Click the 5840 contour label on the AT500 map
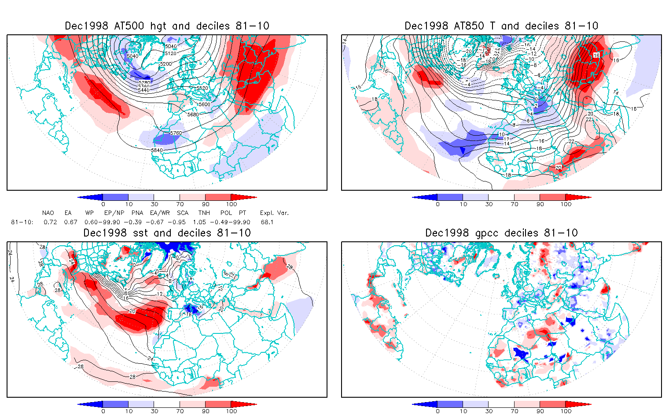pos(157,150)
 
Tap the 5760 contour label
pos(176,133)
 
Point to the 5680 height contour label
pos(193,115)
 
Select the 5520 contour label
pos(202,89)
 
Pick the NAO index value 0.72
pos(50,222)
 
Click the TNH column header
pos(204,213)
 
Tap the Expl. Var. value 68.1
pos(267,222)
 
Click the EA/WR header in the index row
pos(160,213)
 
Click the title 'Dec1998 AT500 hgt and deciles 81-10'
pos(167,26)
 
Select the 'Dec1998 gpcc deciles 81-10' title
pos(501,233)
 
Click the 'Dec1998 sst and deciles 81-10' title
pos(167,233)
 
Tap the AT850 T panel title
pos(501,26)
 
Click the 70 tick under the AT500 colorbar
pos(180,204)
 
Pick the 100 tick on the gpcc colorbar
pos(566,411)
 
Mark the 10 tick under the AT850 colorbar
pos(463,204)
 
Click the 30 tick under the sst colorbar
pos(154,411)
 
